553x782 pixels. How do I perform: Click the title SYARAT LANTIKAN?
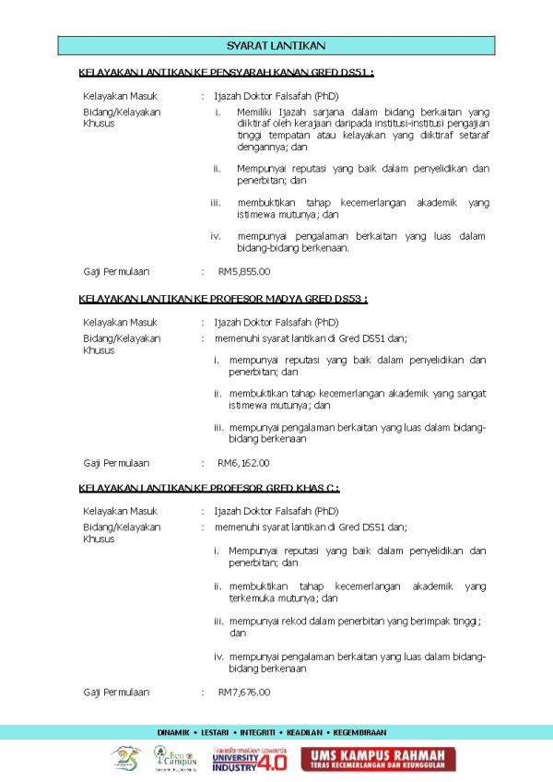click(276, 45)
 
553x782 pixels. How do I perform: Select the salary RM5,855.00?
click(244, 271)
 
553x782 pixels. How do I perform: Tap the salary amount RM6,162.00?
click(244, 463)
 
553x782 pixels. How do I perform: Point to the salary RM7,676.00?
click(244, 692)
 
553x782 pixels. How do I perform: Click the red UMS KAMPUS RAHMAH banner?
click(378, 759)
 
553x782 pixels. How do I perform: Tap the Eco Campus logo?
click(170, 759)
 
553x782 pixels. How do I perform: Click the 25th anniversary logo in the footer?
click(125, 759)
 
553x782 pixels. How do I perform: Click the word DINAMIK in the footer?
click(172, 732)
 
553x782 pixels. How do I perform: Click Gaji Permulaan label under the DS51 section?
click(116, 271)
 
